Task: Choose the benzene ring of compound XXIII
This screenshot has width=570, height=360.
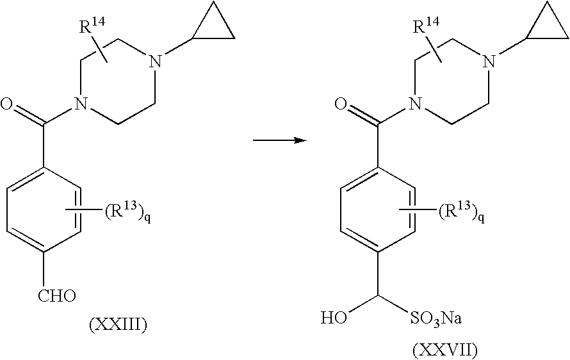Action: pos(44,211)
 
